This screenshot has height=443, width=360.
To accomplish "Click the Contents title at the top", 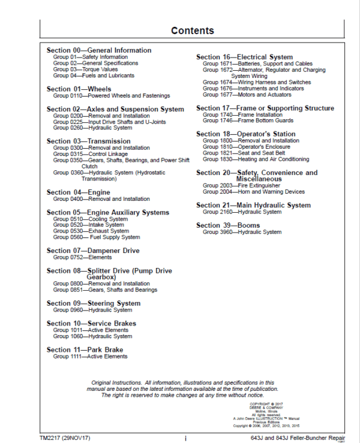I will click(x=192, y=31).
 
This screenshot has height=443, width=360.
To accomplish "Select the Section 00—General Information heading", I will click(x=99, y=50).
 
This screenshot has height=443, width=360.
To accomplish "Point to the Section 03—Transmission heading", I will click(x=88, y=141).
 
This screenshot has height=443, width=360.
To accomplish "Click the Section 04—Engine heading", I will click(x=79, y=192).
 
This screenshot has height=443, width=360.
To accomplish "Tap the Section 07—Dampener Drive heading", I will click(x=93, y=251).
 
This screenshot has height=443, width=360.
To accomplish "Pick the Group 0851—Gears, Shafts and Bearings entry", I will click(x=105, y=290).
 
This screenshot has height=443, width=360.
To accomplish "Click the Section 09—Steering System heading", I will click(x=94, y=303).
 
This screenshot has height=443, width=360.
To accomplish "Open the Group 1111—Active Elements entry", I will click(x=90, y=357).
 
